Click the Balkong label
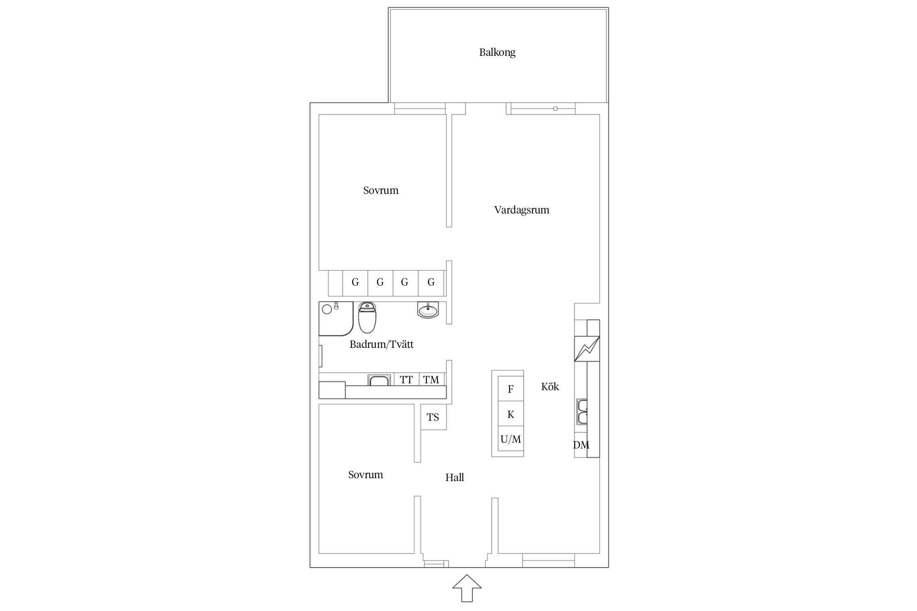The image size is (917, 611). pyautogui.click(x=497, y=53)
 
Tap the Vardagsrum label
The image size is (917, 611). pyautogui.click(x=522, y=210)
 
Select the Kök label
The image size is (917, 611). pyautogui.click(x=550, y=387)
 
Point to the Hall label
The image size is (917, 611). pyautogui.click(x=454, y=477)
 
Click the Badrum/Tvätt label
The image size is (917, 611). pyautogui.click(x=381, y=345)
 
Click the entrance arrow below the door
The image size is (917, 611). pyautogui.click(x=467, y=588)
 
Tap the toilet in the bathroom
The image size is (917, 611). pyautogui.click(x=367, y=318)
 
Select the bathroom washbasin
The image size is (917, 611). pyautogui.click(x=428, y=310)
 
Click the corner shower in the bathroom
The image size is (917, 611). pyautogui.click(x=336, y=319)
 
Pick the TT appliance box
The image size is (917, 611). pyautogui.click(x=406, y=380)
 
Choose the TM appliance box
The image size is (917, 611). pyautogui.click(x=431, y=380)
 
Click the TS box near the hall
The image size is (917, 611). pyautogui.click(x=433, y=417)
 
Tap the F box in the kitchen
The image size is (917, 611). pyautogui.click(x=511, y=389)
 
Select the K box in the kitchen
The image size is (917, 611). pyautogui.click(x=511, y=414)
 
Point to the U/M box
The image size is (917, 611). pyautogui.click(x=511, y=439)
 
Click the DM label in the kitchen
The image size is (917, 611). pyautogui.click(x=581, y=445)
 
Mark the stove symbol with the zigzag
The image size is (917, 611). pyautogui.click(x=587, y=349)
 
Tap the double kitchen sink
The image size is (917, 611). pyautogui.click(x=582, y=412)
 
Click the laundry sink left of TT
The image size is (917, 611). pyautogui.click(x=379, y=380)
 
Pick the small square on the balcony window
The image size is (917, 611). pyautogui.click(x=555, y=109)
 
